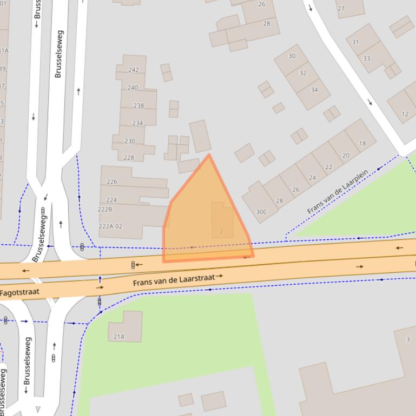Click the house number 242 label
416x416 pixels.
pos(134,70)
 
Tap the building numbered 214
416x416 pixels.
pos(125,327)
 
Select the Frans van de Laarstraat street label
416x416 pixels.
pos(174,280)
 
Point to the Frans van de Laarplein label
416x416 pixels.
pos(338,191)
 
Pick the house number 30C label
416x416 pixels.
pos(261,212)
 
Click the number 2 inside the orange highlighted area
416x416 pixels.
pos(221,231)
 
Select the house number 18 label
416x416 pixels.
pos(362,143)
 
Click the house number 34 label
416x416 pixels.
pos(314,90)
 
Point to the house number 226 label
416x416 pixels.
pos(112,182)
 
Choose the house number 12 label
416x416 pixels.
pos(405,114)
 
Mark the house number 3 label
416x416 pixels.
pos(408,339)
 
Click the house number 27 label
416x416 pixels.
pos(341,9)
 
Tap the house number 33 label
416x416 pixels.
pos(367,58)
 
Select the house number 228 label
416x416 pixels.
pos(129,158)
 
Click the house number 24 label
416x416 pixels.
pos(312,178)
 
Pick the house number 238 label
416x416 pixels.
pos(138,105)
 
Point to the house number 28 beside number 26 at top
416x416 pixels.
pos(266,24)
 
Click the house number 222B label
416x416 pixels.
pos(105,209)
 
